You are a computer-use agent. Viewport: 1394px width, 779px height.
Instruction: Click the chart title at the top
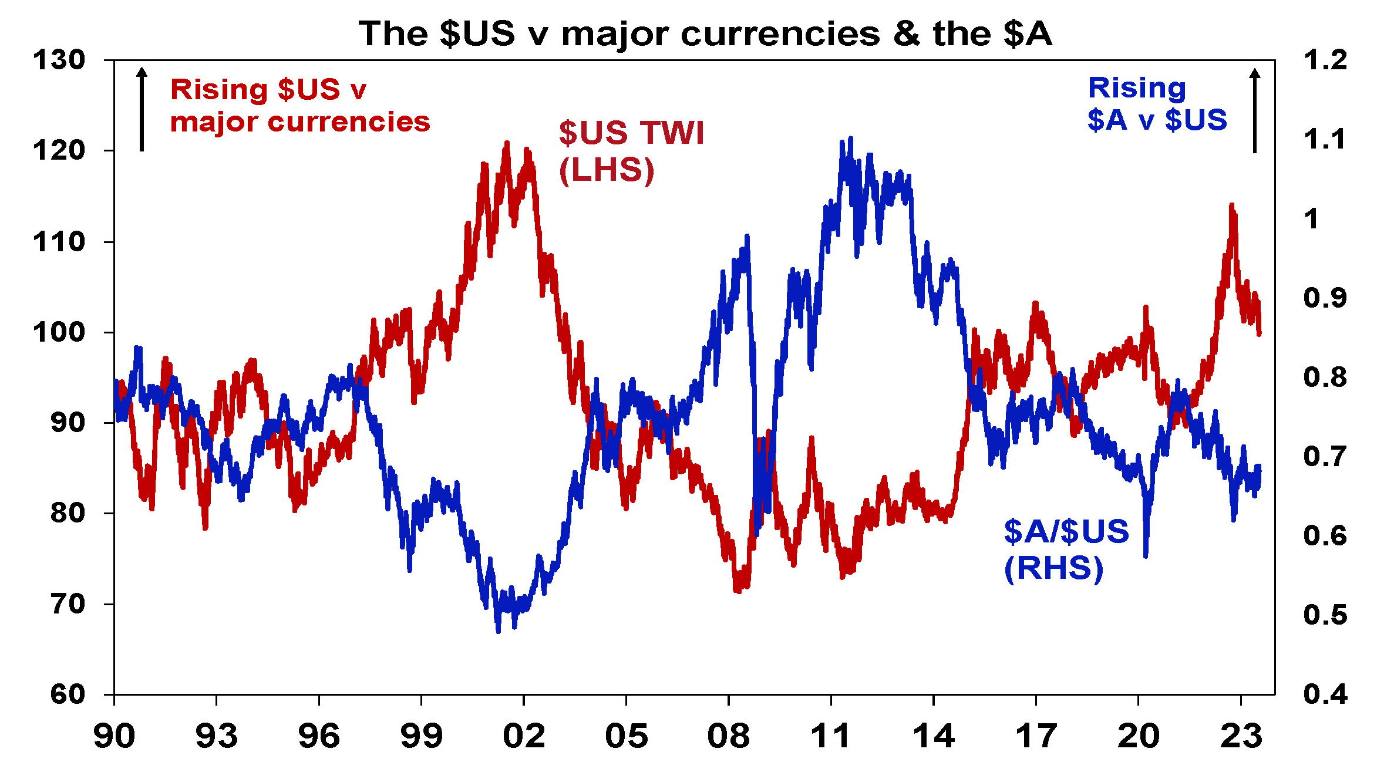tap(705, 33)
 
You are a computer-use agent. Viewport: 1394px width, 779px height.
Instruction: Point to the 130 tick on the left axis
tap(59, 60)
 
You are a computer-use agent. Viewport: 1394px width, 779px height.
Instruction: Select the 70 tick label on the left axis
tap(68, 604)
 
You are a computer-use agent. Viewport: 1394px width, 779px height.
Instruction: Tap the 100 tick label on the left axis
tap(59, 332)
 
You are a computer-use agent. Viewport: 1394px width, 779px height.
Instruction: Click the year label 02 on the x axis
tap(524, 736)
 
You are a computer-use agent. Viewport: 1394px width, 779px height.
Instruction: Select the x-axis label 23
tap(1241, 736)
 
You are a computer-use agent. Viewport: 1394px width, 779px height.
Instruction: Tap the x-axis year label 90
tap(114, 736)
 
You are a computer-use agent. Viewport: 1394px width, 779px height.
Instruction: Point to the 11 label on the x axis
tap(830, 736)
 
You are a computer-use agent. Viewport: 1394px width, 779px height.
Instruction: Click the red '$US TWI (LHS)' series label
tap(631, 151)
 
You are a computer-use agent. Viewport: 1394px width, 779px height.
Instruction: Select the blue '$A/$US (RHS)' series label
tap(1066, 549)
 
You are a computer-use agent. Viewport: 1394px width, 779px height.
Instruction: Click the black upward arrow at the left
tap(142, 109)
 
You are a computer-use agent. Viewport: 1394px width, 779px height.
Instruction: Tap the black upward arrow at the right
tap(1255, 110)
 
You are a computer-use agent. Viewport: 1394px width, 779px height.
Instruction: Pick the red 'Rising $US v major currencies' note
tap(299, 106)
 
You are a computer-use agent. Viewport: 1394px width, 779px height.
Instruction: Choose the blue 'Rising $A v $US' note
tap(1157, 104)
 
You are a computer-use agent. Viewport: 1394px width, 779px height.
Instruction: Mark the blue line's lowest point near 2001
tap(498, 630)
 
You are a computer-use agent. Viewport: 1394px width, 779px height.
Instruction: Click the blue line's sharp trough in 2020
tap(1146, 555)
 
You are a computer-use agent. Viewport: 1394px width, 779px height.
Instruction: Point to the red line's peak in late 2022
tap(1231, 205)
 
